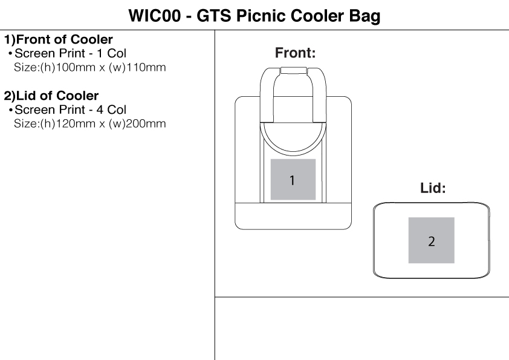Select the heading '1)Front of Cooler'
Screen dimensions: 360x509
point(58,41)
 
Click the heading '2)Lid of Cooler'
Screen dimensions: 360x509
point(51,96)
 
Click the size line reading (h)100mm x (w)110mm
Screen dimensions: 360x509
point(89,66)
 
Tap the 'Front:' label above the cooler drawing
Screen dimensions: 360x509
point(296,53)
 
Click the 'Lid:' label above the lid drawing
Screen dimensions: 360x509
point(433,189)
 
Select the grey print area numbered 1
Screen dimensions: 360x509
point(293,180)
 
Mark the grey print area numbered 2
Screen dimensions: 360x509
point(431,240)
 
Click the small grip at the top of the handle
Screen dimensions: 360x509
point(293,71)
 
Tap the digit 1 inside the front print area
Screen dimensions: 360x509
point(293,180)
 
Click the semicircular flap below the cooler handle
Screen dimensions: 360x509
point(293,136)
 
